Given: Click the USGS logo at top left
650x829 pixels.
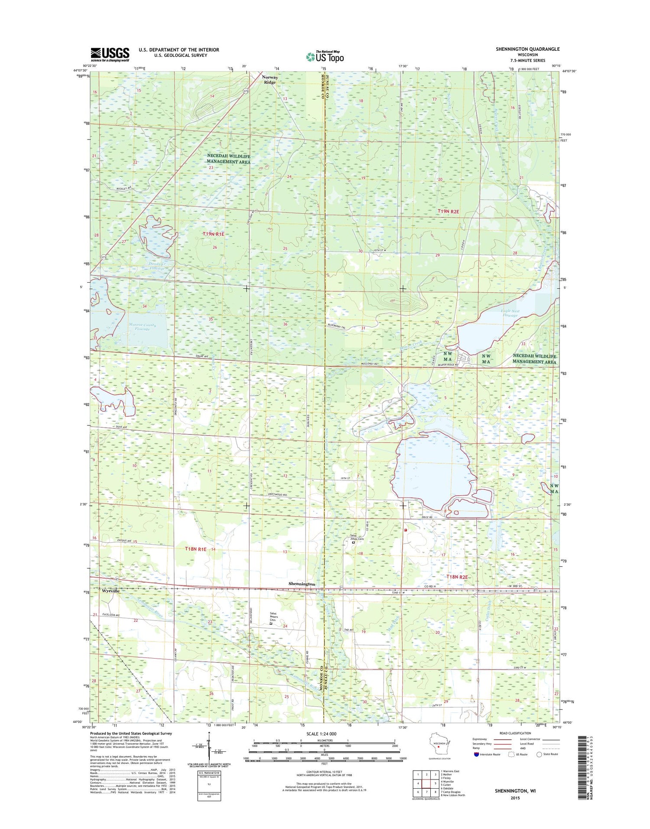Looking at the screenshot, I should click(110, 55).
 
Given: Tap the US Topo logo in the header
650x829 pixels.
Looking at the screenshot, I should click(325, 56).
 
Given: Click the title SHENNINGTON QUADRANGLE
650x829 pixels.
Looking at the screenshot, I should click(527, 49).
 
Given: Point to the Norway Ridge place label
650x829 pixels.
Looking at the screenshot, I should click(270, 80).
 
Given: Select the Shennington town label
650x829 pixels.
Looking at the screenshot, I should click(302, 584).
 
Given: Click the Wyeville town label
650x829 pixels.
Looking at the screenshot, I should click(110, 591).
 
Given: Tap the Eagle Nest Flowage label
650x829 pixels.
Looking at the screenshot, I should click(510, 313).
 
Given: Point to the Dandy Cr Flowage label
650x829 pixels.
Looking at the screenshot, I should click(156, 266).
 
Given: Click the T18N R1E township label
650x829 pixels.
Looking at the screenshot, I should click(195, 549).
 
